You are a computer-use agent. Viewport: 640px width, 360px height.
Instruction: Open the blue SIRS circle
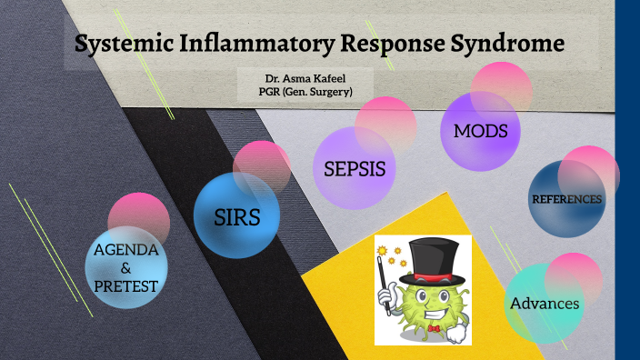236,217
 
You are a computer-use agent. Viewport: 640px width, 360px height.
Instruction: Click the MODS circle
480,132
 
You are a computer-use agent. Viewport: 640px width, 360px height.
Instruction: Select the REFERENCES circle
566,199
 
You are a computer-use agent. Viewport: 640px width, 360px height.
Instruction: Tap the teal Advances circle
544,304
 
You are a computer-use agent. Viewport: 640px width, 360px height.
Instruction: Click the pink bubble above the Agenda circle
139,216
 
